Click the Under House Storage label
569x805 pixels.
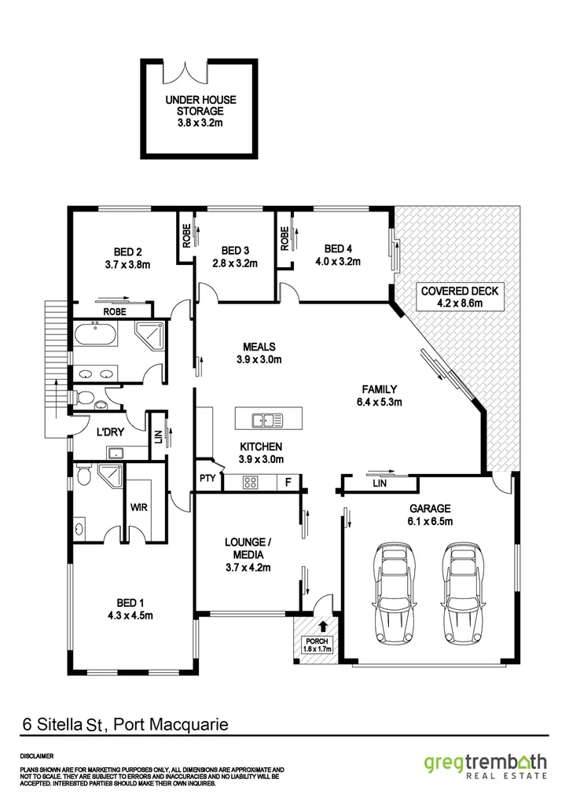pyautogui.click(x=200, y=112)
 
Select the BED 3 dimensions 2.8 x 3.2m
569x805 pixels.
pyautogui.click(x=235, y=263)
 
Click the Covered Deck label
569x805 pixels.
pyautogui.click(x=460, y=290)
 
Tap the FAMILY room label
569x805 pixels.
pyautogui.click(x=380, y=389)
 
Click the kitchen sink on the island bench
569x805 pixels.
pyautogui.click(x=268, y=420)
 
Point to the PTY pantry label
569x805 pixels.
pyautogui.click(x=207, y=478)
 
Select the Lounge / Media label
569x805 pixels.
pyautogui.click(x=248, y=548)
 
